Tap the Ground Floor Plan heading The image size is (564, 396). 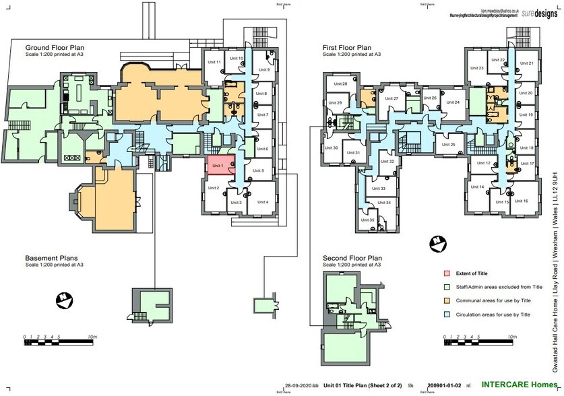(56, 48)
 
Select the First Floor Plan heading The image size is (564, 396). (347, 48)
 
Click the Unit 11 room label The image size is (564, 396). (214, 62)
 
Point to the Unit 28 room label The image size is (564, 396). (340, 84)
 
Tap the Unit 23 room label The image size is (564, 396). (477, 69)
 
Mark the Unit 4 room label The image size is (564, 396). (262, 202)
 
